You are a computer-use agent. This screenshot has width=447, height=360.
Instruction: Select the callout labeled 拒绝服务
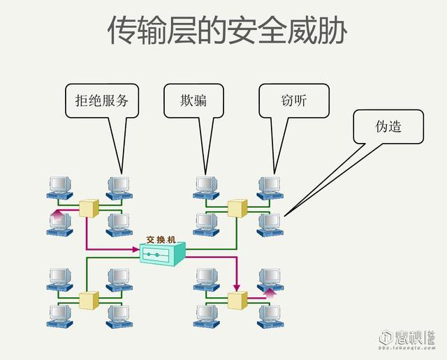102,100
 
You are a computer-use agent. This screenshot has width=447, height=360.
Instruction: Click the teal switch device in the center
162,252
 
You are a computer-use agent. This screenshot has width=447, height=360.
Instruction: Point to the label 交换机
161,237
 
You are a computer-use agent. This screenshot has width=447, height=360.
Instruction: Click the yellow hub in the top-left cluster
89,207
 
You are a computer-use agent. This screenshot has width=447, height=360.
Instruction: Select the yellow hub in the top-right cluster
237,208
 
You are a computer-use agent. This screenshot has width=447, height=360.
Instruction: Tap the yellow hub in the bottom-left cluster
89,300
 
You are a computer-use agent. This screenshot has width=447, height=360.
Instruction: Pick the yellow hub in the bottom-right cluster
237,301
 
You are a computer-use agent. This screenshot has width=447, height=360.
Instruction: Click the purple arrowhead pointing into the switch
134,249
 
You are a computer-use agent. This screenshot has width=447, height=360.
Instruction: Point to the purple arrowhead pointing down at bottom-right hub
237,287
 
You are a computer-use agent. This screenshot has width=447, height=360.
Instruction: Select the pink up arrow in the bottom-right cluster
269,292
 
